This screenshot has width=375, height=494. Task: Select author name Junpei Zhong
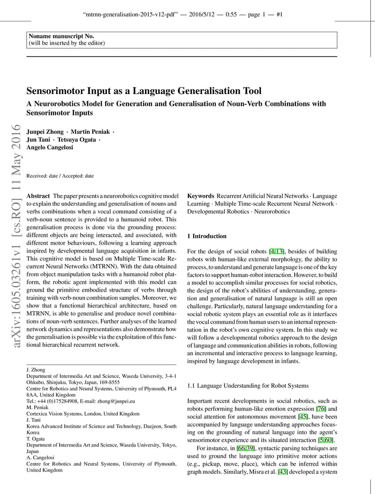[x=45, y=132]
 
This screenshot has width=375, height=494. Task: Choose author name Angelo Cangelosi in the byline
[x=50, y=147]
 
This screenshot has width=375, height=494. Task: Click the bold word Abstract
[x=38, y=196]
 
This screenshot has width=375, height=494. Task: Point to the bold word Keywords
[x=201, y=196]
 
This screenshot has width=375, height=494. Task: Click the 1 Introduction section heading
[x=207, y=236]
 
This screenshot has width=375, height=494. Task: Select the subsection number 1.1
[x=191, y=386]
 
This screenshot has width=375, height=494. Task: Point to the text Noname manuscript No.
[x=62, y=36]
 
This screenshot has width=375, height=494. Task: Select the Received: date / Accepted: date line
[x=60, y=176]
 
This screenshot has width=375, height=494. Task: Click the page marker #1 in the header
[x=279, y=14]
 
